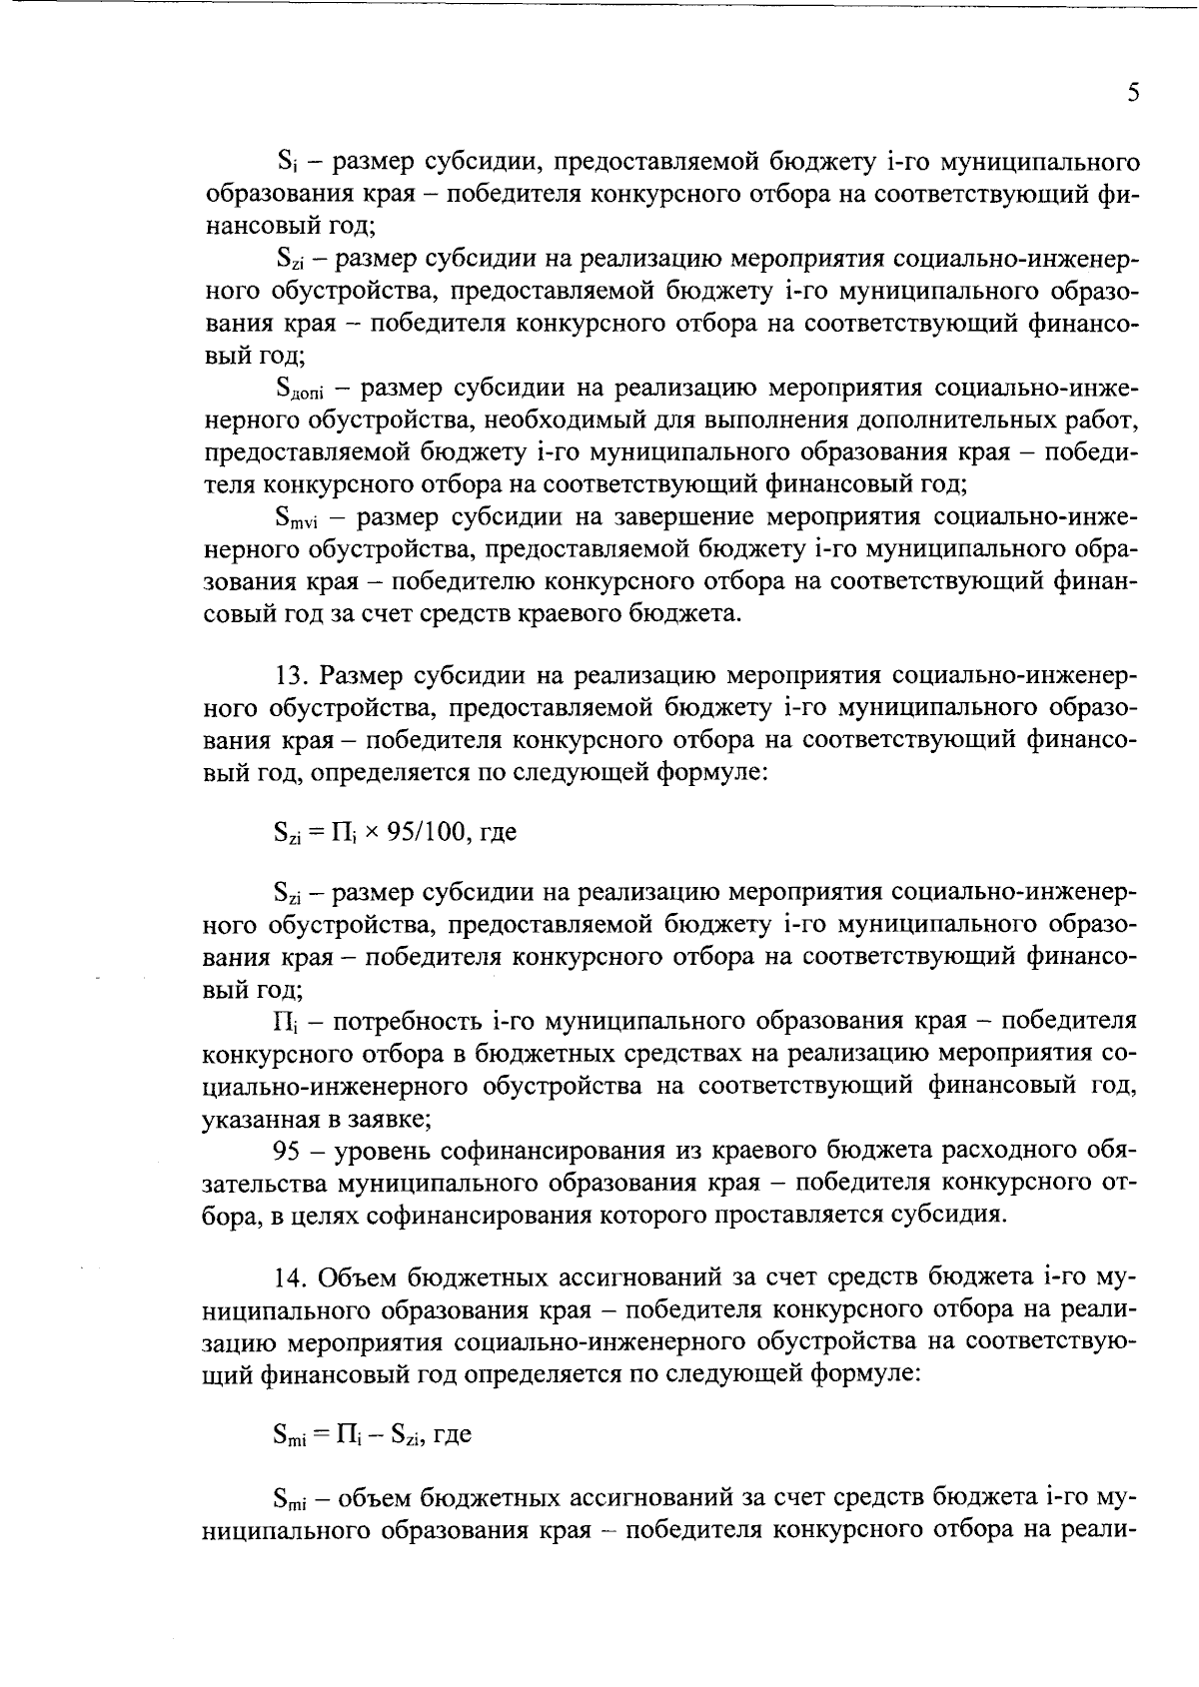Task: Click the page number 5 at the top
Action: [1132, 93]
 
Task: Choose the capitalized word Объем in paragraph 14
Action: [365, 1277]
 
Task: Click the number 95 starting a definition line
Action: [287, 1151]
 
